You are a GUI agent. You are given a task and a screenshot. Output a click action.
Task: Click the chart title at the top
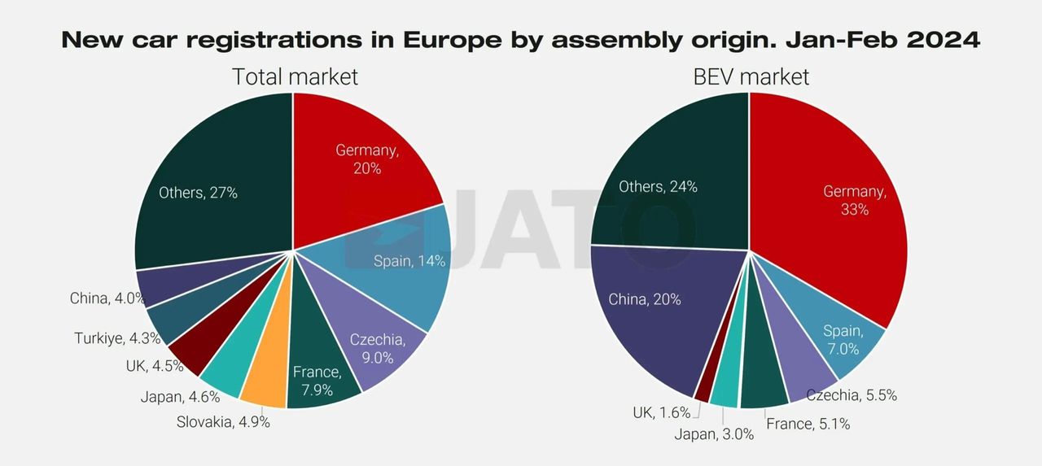coord(521,40)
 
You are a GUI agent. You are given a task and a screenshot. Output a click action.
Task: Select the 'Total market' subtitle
coord(295,77)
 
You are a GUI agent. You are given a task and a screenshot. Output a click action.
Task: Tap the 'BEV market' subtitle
coord(751,77)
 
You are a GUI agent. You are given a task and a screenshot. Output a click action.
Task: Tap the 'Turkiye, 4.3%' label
coord(117,338)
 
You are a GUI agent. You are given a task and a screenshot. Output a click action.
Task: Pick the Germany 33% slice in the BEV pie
coord(838,203)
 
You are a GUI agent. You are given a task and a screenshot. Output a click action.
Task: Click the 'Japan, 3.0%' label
coord(714,434)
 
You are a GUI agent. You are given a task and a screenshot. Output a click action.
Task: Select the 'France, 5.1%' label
coord(808,424)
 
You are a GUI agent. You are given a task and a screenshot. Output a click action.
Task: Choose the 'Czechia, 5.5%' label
coord(852,395)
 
